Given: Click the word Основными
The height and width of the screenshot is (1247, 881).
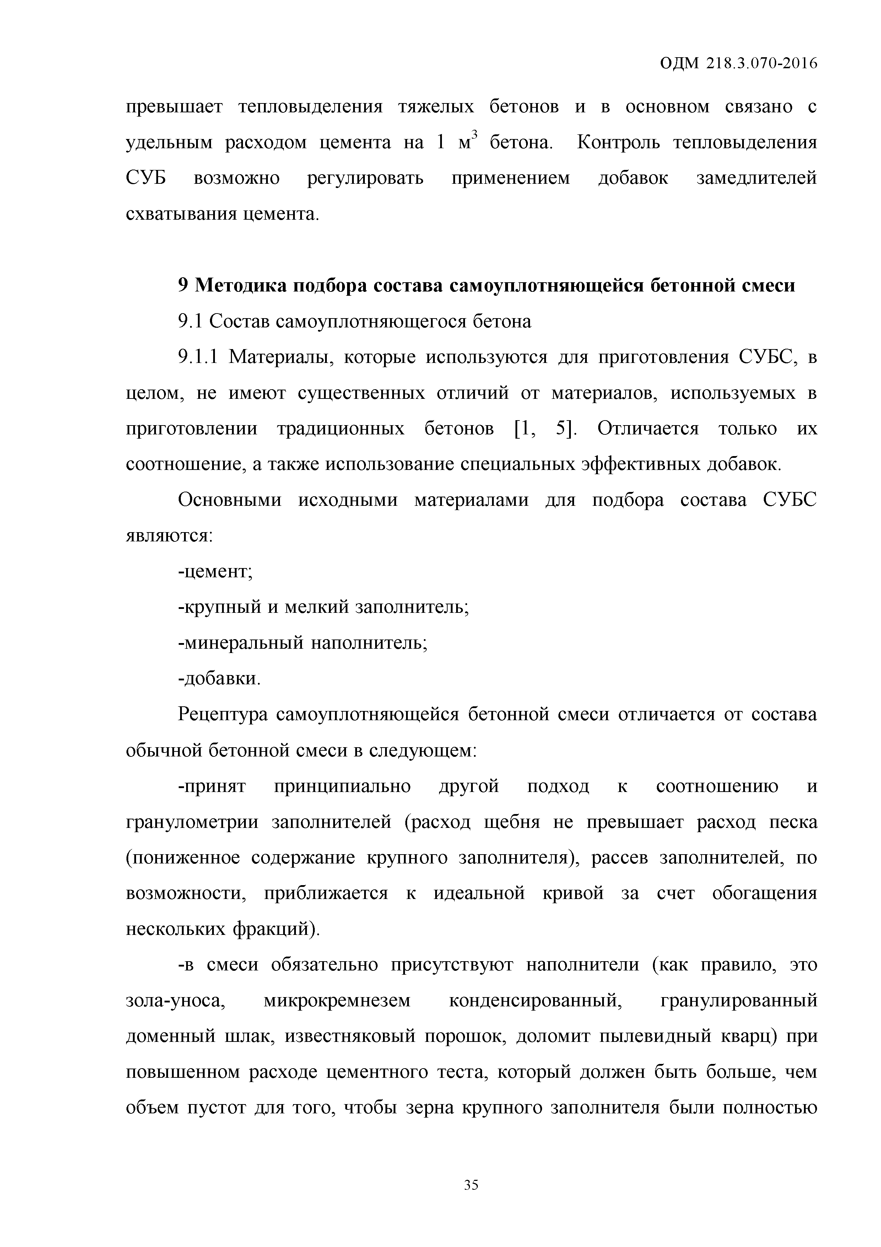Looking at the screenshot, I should click(x=229, y=500).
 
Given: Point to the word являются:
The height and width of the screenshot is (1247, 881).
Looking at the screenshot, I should click(x=169, y=536).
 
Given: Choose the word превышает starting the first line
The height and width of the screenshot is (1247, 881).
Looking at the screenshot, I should click(x=174, y=107).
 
